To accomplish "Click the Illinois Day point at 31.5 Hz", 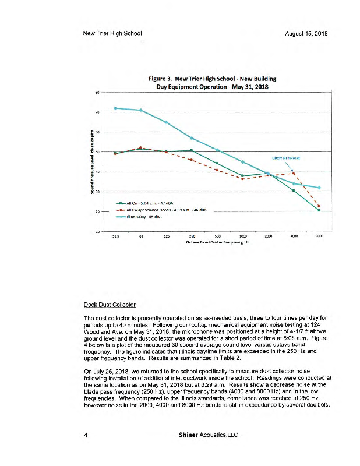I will (115, 108).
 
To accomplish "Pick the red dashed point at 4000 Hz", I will (294, 172).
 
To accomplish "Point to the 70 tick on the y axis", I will (97, 112).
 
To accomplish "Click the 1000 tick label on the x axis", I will (242, 236).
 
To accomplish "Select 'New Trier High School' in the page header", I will (113, 34).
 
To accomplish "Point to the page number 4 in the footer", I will (86, 435).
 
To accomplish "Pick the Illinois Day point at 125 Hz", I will (166, 122).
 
